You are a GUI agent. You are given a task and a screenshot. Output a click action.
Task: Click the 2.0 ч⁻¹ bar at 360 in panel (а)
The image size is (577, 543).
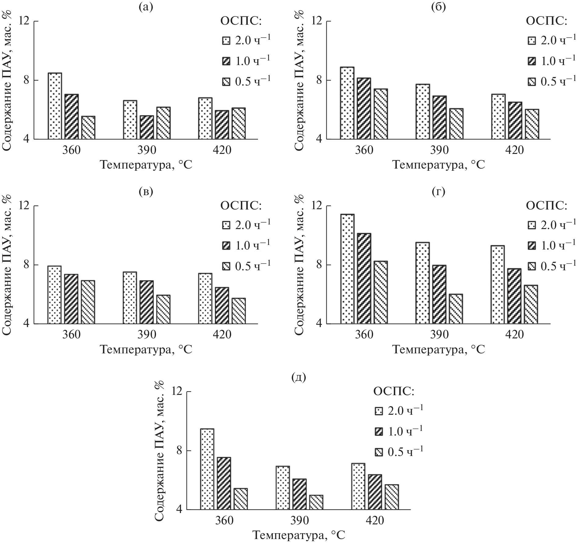pos(55,106)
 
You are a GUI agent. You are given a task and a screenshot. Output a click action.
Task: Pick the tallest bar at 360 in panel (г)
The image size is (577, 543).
pos(347,269)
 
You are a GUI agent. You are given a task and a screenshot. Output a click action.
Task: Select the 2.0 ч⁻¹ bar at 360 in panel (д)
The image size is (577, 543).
pos(207,469)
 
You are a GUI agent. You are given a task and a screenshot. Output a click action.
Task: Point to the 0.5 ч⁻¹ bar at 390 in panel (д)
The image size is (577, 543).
pos(316,502)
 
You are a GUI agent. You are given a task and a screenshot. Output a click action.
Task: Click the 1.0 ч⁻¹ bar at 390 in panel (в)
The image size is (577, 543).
pos(147,302)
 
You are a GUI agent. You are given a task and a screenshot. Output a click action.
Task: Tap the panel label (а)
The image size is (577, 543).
pos(146,7)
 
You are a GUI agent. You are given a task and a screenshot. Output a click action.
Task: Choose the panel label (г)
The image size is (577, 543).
pos(439,191)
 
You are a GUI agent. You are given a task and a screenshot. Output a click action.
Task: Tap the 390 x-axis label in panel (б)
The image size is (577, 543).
pos(439,150)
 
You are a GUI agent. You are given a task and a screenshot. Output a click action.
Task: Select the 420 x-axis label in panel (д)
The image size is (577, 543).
pos(375,520)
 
